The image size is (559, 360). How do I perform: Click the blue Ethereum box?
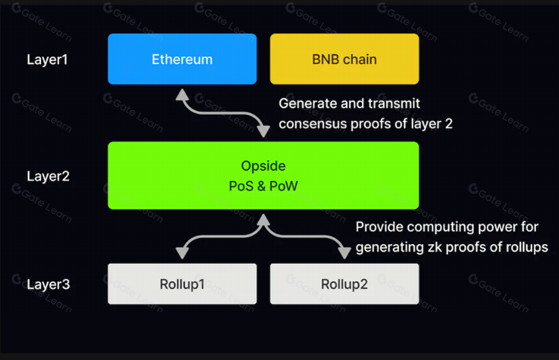coord(182,59)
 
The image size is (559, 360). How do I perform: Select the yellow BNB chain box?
coord(344,59)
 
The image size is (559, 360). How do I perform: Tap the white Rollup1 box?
coord(182,284)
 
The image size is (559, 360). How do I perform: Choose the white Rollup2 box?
coord(344,284)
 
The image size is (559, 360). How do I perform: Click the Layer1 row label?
coord(47,59)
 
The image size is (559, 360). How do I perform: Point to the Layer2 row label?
coord(48,176)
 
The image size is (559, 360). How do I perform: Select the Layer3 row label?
coord(48,284)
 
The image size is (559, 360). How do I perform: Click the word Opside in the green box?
coord(264,166)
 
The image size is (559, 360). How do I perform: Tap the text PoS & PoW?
coord(263,186)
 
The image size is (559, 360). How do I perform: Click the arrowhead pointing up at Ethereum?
coord(182,94)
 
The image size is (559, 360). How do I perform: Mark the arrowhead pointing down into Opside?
coord(264,131)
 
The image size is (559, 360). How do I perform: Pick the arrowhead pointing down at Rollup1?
coord(182,253)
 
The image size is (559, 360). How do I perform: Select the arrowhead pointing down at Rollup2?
coord(344,253)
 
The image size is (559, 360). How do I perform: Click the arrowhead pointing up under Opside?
coord(264,220)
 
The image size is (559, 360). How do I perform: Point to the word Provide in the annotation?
coord(379,227)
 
